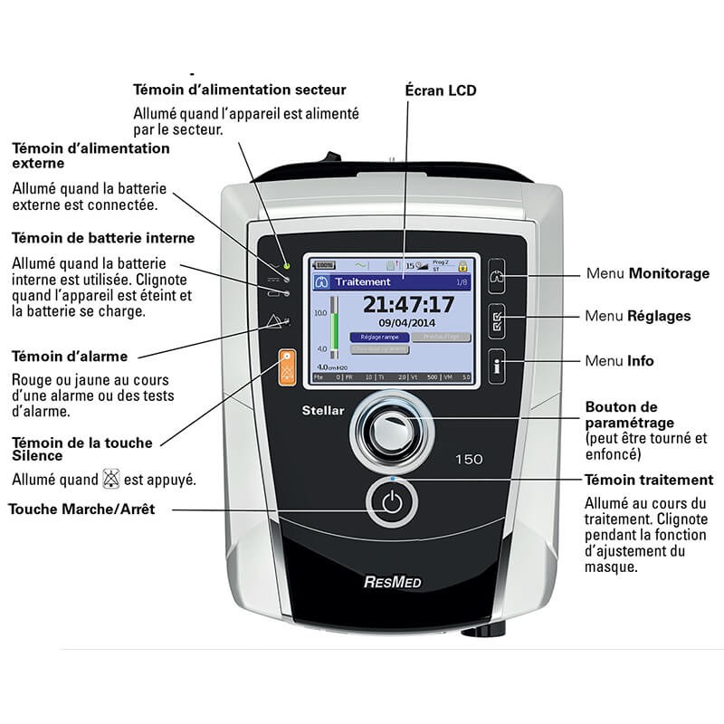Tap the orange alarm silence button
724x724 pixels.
[287, 367]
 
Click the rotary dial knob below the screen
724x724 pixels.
[388, 433]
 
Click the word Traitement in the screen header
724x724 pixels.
[362, 282]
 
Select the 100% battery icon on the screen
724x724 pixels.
[324, 266]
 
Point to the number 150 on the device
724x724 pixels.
[468, 459]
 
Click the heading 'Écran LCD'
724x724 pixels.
[441, 90]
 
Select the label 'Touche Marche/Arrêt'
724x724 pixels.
[81, 510]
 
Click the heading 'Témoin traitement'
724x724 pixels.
[648, 480]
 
